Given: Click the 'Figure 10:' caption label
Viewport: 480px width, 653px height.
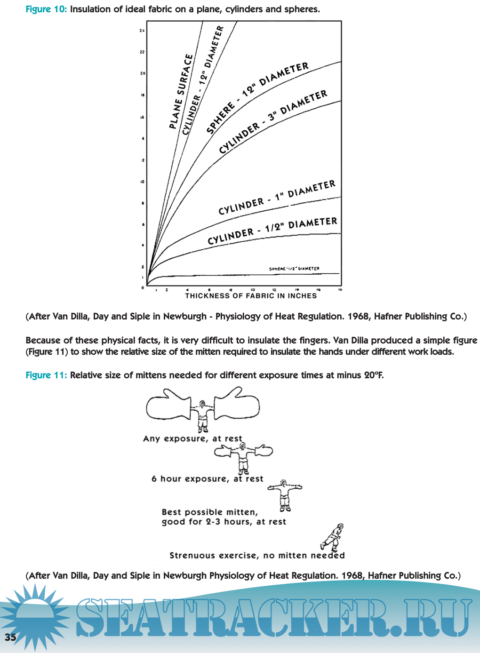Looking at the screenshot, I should click(x=46, y=9).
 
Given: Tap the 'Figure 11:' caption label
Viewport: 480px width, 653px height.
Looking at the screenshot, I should click(x=46, y=375).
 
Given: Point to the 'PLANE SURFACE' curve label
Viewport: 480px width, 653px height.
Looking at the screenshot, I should click(x=181, y=92).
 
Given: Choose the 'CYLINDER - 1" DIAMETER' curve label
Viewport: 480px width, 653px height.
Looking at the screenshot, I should click(x=277, y=197).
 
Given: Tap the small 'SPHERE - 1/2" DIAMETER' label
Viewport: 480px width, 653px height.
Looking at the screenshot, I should click(x=294, y=269).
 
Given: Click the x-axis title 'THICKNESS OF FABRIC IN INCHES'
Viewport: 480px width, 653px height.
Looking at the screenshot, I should click(x=251, y=295).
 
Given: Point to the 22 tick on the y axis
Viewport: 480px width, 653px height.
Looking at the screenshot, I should click(x=142, y=52).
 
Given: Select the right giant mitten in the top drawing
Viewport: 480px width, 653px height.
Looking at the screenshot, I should click(x=237, y=403).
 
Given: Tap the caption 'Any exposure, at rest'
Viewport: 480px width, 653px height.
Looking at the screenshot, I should click(x=192, y=438).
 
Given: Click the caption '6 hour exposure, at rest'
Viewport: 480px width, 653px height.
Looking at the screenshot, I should click(x=207, y=479).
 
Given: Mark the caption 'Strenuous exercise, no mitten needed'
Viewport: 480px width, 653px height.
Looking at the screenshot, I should click(x=257, y=556).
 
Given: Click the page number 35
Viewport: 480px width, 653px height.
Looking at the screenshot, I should click(x=10, y=637).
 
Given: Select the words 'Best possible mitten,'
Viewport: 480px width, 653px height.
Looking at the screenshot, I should click(x=210, y=512).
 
